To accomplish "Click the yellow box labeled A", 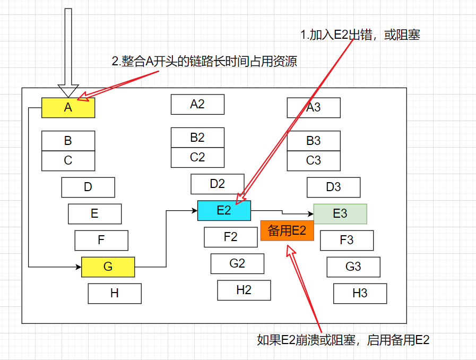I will coord(68,108).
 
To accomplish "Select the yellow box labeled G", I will coord(108,267).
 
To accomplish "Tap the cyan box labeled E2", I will coord(224,210).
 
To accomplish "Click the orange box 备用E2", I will coord(287,230).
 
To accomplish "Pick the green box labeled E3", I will coord(340,213).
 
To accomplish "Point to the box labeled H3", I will coord(360,293).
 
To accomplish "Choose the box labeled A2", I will coord(197,104).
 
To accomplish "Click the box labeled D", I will coord(88,187).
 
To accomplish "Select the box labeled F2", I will coord(230,237).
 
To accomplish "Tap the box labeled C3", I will coord(314,160).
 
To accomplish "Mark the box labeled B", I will coord(68,141).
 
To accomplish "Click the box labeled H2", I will coord(244,290).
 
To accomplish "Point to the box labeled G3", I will coord(353,267).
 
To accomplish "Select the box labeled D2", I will coord(218,184).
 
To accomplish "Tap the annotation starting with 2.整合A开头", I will coord(204,62).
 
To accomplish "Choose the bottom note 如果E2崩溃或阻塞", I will coord(343,340).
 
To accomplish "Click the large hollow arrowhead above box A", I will coord(68,91).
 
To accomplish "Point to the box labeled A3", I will coord(314,107).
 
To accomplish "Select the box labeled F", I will coord(101,240).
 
